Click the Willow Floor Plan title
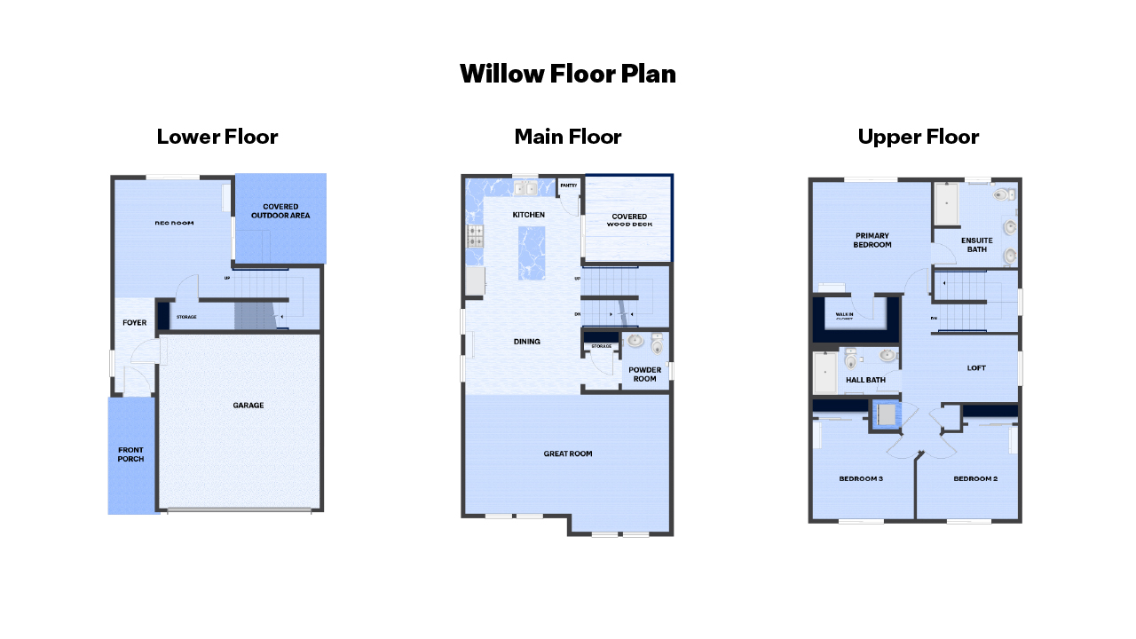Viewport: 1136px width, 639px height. (x=568, y=74)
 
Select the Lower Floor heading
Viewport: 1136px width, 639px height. (x=217, y=137)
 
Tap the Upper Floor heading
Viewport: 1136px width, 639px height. (x=918, y=137)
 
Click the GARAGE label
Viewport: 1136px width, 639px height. (x=248, y=406)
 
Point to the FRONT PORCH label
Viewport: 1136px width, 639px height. (x=130, y=454)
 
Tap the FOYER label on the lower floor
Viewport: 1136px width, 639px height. (x=134, y=323)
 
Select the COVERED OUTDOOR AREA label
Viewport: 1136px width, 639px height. (x=280, y=211)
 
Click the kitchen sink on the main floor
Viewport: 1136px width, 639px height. (x=525, y=188)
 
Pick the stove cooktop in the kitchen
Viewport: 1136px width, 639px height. (x=475, y=236)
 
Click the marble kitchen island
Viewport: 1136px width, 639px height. (x=531, y=253)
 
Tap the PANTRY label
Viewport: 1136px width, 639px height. (x=569, y=185)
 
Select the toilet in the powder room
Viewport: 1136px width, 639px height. (x=657, y=342)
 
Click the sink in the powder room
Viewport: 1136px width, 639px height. (x=635, y=340)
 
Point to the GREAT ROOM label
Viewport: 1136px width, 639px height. (x=568, y=454)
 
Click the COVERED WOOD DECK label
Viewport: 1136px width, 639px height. (x=628, y=220)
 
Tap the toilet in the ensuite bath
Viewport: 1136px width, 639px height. (x=1003, y=194)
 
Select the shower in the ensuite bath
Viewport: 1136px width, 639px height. (x=947, y=203)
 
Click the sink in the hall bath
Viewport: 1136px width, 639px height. (x=887, y=356)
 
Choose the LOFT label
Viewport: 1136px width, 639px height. (x=976, y=367)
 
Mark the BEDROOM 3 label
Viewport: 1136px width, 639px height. (x=861, y=479)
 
